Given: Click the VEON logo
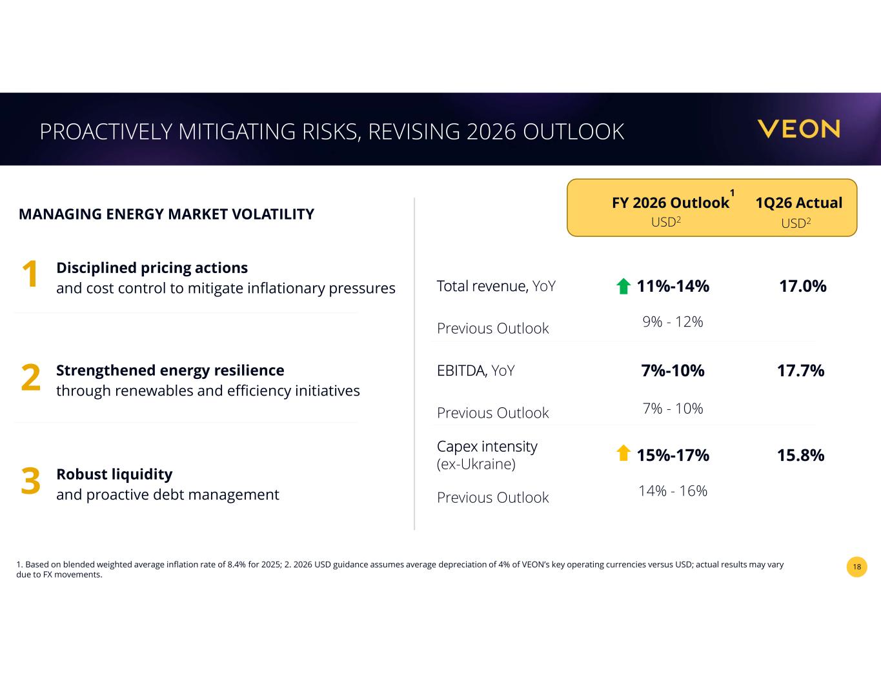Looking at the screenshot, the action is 798,129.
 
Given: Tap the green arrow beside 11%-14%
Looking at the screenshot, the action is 623,286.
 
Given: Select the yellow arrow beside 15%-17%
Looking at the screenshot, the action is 623,453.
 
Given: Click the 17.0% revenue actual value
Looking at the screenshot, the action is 803,286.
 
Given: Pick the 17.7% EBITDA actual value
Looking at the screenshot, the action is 801,371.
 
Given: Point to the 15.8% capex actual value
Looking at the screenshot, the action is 801,455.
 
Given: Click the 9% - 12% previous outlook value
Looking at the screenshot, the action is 673,322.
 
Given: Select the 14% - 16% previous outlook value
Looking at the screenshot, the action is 673,491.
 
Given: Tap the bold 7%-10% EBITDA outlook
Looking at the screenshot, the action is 673,371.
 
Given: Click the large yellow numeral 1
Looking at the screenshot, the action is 30,274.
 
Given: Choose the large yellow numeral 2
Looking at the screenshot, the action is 31,378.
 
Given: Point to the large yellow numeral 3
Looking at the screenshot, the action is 31,481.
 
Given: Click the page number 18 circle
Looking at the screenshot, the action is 856,567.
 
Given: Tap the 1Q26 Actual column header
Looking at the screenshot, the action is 798,203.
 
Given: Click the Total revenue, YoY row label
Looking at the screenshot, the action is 496,286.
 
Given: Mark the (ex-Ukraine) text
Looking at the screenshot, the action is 476,464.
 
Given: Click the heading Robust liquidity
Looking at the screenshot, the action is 114,474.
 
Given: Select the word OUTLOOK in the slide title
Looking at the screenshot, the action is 573,132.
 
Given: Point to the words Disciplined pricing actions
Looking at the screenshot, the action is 152,268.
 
